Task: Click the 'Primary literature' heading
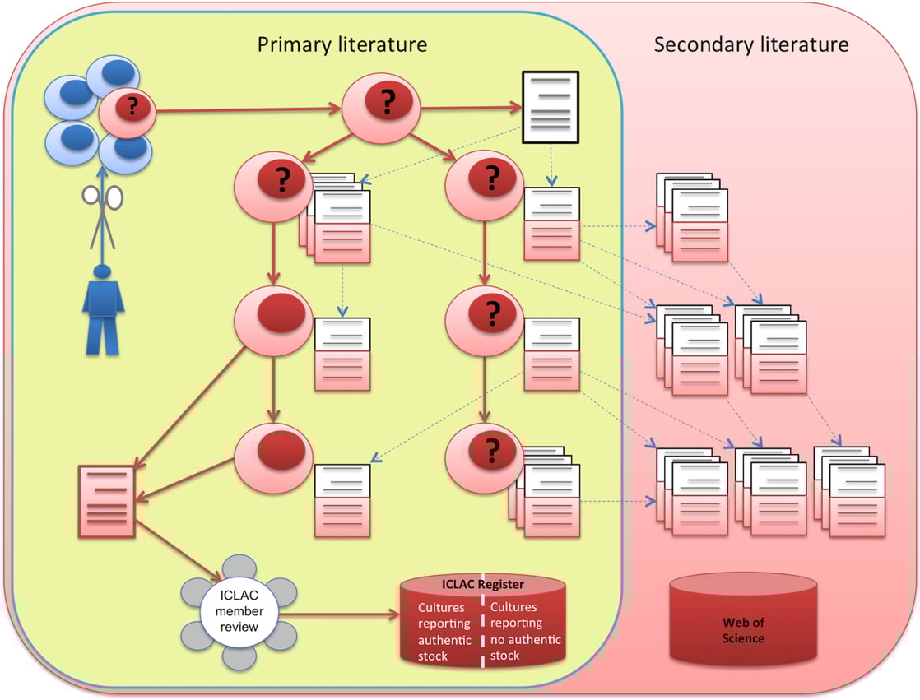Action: click(x=342, y=44)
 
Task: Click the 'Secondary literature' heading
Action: click(x=750, y=44)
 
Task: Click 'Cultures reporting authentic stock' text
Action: click(x=444, y=631)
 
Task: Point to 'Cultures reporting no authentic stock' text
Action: click(x=525, y=631)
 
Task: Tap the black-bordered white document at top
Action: click(x=551, y=103)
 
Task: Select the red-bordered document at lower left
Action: click(x=106, y=502)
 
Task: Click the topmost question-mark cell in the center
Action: click(x=381, y=104)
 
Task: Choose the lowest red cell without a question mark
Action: click(x=273, y=450)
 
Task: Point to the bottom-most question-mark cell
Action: click(x=484, y=450)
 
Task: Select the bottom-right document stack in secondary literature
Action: click(x=850, y=493)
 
